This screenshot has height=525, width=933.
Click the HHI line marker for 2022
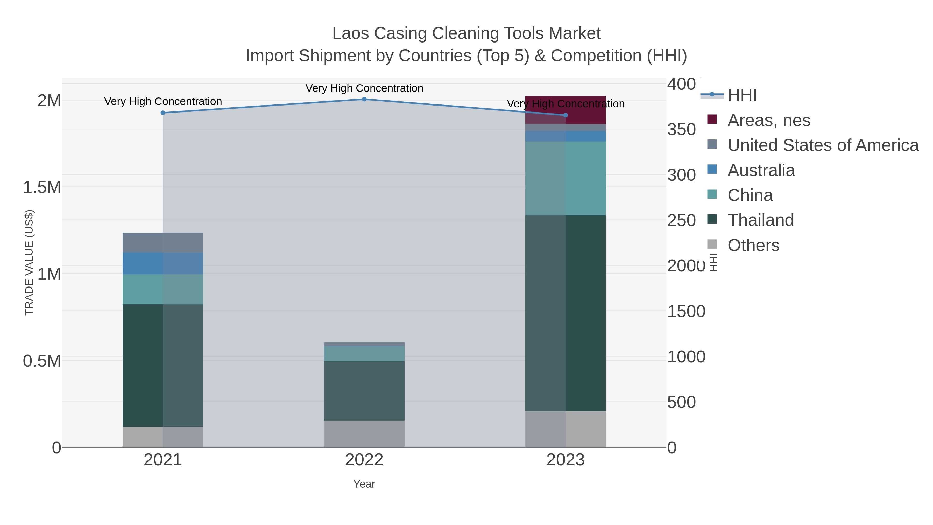pyautogui.click(x=364, y=99)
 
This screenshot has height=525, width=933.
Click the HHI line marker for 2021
pyautogui.click(x=162, y=113)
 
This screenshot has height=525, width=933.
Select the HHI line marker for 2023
pyautogui.click(x=566, y=115)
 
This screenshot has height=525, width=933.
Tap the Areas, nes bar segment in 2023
pyautogui.click(x=566, y=110)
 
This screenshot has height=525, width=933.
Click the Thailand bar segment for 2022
pyautogui.click(x=364, y=391)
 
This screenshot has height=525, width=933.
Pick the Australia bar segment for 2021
pyautogui.click(x=162, y=263)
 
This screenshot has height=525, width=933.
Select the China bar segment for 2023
pyautogui.click(x=566, y=178)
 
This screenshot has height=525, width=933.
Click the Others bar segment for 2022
pyautogui.click(x=364, y=434)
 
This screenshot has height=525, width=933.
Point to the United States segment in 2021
pyautogui.click(x=162, y=242)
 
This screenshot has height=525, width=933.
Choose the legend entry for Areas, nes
pyautogui.click(x=769, y=120)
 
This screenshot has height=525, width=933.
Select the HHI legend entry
pyautogui.click(x=742, y=95)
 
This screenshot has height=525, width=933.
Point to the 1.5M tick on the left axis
pyautogui.click(x=42, y=188)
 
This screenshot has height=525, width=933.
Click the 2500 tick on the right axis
pyautogui.click(x=681, y=220)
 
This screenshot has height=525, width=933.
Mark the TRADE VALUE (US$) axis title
pyautogui.click(x=29, y=262)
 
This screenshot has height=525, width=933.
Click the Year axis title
pyautogui.click(x=364, y=484)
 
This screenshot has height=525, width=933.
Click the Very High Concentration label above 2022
pyautogui.click(x=364, y=88)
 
